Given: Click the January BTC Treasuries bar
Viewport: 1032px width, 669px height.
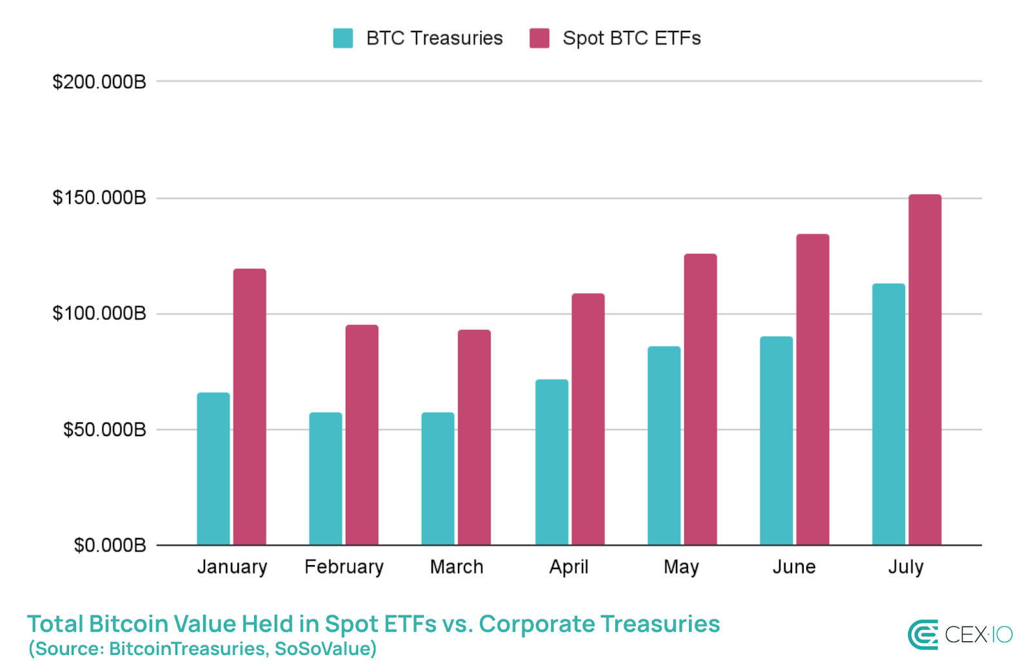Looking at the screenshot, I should click(213, 469).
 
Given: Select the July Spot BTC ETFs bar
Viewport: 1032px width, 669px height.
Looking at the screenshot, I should click(924, 370).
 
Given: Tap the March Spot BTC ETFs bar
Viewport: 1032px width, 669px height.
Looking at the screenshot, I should click(474, 437).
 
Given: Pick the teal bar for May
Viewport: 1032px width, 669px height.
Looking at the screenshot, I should click(664, 446).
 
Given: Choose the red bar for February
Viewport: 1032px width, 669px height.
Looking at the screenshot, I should click(362, 435).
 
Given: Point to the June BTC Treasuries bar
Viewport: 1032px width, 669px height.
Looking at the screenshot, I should click(776, 441).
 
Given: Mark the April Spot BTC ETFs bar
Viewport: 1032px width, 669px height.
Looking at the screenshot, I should click(588, 419).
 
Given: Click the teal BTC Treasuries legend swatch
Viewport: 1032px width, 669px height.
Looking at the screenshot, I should click(342, 38).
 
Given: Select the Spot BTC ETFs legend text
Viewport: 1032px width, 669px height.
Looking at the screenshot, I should click(631, 38).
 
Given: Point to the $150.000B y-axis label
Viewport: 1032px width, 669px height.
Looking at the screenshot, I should click(99, 197).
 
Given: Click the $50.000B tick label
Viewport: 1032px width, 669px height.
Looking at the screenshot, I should click(104, 430).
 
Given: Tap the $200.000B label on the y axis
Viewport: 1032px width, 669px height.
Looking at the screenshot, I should click(99, 82).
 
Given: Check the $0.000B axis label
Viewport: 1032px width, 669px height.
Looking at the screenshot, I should click(110, 546).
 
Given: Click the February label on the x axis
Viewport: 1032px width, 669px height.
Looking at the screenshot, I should click(344, 567).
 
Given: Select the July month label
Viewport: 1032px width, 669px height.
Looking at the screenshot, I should click(906, 567).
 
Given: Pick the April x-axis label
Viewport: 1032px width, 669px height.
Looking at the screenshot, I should click(568, 567).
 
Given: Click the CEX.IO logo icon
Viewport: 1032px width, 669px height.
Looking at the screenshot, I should click(923, 635).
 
